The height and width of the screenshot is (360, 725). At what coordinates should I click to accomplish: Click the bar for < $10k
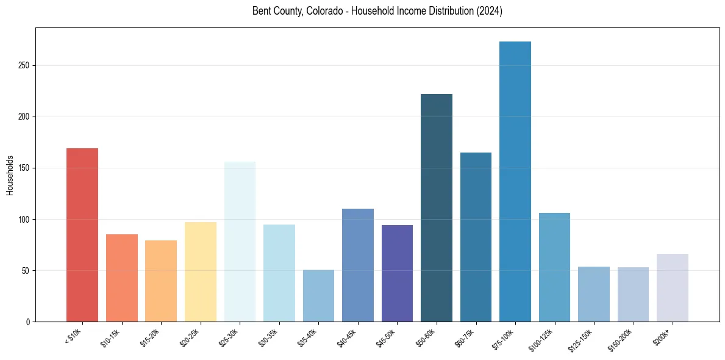[x=82, y=235]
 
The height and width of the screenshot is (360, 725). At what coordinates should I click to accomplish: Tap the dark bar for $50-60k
[x=437, y=207]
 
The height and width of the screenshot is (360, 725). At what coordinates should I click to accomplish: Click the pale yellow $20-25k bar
[x=200, y=272]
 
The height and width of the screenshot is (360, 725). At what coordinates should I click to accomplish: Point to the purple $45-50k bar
[x=397, y=273]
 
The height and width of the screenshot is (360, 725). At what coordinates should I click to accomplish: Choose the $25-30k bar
[x=240, y=242]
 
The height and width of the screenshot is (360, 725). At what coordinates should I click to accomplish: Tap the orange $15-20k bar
[x=161, y=281]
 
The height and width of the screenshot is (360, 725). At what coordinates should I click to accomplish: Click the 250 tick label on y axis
[x=23, y=66]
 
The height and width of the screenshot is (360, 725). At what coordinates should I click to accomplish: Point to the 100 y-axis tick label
[x=23, y=220]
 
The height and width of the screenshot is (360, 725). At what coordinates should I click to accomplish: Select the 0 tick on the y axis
[x=27, y=322]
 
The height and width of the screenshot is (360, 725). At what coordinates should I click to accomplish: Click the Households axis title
[x=10, y=175]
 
